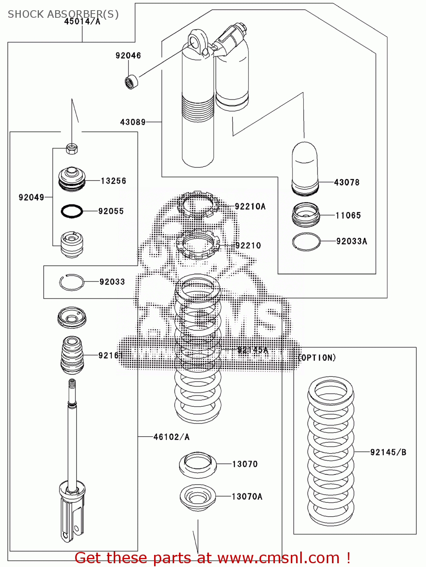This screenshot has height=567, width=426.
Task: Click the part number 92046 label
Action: click(128, 56)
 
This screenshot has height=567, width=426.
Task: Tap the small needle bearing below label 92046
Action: click(131, 82)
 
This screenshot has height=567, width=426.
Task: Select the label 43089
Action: click(133, 122)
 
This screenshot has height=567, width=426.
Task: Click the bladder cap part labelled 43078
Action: click(305, 168)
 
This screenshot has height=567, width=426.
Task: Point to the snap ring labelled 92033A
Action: click(306, 242)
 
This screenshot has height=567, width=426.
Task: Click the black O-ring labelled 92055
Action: click(72, 211)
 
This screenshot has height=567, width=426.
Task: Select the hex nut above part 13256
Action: click(72, 149)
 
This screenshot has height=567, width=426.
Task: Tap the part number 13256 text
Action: click(113, 181)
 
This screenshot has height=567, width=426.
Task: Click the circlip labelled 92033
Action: click(72, 282)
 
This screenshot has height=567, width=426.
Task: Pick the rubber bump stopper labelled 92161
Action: click(72, 355)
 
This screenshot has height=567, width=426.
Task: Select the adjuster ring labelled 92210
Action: click(198, 244)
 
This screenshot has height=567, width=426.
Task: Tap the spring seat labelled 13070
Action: click(198, 465)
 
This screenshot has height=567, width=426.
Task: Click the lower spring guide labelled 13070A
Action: click(198, 498)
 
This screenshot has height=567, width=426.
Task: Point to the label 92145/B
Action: click(388, 452)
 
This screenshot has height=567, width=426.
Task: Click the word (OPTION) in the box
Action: click(316, 358)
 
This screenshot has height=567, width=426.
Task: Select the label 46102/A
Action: click(171, 437)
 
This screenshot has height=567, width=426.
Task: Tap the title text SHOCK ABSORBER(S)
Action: click(63, 14)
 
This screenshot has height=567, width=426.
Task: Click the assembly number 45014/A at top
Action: click(82, 22)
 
